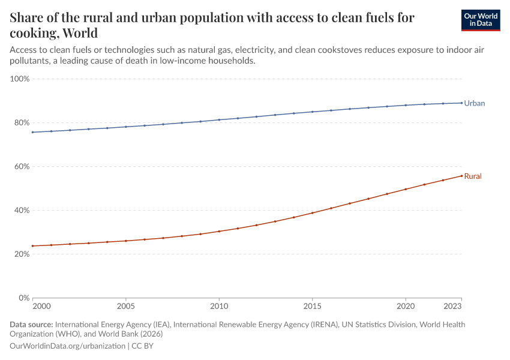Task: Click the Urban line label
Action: tap(474, 103)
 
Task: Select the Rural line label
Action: tap(473, 176)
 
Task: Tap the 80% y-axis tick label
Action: tap(22, 122)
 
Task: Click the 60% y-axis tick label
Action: tap(22, 166)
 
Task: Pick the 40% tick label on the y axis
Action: tap(22, 210)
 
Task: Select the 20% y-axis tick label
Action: tap(22, 254)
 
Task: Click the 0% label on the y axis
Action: tap(24, 298)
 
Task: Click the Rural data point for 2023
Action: tap(461, 176)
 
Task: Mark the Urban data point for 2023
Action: tap(461, 103)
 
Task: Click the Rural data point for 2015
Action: tap(312, 213)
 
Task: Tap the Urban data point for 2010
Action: tap(219, 120)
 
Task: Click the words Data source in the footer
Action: tap(31, 325)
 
